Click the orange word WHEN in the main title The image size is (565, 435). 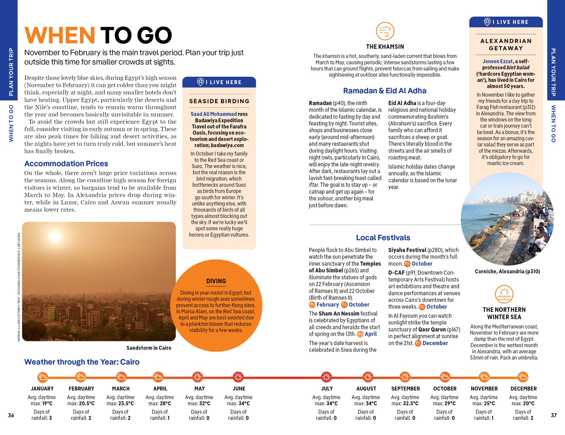pyautogui.click(x=60, y=35)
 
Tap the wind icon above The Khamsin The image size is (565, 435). pyautogui.click(x=385, y=31)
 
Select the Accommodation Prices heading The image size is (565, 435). pyautogui.click(x=66, y=164)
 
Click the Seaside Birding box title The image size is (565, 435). pyautogui.click(x=219, y=101)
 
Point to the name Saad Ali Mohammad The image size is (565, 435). pyautogui.click(x=213, y=114)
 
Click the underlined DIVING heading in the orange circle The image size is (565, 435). pyautogui.click(x=216, y=281)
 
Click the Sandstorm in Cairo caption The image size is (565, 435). pyautogui.click(x=149, y=348)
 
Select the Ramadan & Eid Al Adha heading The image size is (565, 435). pyautogui.click(x=385, y=91)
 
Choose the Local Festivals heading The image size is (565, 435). pyautogui.click(x=383, y=238)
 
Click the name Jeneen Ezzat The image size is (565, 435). pyautogui.click(x=498, y=61)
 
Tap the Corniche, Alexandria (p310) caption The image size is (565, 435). pyautogui.click(x=507, y=271)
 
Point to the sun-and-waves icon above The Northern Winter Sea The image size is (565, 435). pyautogui.click(x=504, y=294)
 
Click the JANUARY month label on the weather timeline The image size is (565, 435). pyautogui.click(x=42, y=389)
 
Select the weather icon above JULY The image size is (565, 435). pyautogui.click(x=326, y=377)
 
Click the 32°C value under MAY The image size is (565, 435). pyautogui.click(x=204, y=403)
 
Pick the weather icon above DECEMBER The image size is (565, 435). pyautogui.click(x=523, y=377)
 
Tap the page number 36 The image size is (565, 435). pyautogui.click(x=11, y=415)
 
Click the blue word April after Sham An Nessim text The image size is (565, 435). pyautogui.click(x=371, y=334)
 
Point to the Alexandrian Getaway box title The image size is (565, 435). pyautogui.click(x=506, y=45)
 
